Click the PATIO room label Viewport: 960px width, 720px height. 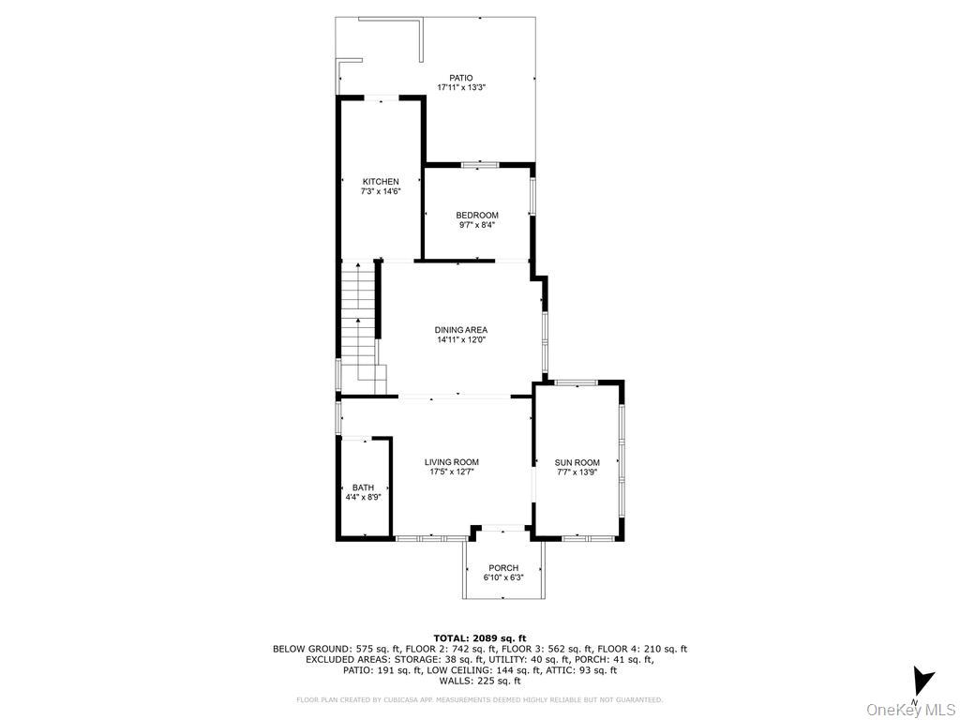tap(460, 78)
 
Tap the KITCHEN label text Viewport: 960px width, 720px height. tap(381, 182)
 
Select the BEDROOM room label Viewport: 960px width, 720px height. tap(477, 216)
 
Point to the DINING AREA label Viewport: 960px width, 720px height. tap(460, 330)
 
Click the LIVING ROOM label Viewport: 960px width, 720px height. tap(451, 462)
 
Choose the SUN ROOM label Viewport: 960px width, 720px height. tap(577, 462)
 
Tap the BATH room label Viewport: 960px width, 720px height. tap(363, 487)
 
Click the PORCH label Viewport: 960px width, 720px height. tap(503, 568)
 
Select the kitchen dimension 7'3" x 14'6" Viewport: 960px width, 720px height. tap(381, 191)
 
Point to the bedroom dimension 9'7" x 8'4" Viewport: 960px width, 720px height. tap(477, 225)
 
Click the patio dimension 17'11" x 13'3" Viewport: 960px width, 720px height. tap(460, 87)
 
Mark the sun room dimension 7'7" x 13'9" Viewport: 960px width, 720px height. tap(577, 472)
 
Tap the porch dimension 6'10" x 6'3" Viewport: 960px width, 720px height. tap(503, 577)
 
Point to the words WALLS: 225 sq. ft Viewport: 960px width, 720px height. tap(479, 682)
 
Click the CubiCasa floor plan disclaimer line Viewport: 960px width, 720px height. tap(479, 699)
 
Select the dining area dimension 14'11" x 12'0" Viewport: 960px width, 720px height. tap(460, 339)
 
